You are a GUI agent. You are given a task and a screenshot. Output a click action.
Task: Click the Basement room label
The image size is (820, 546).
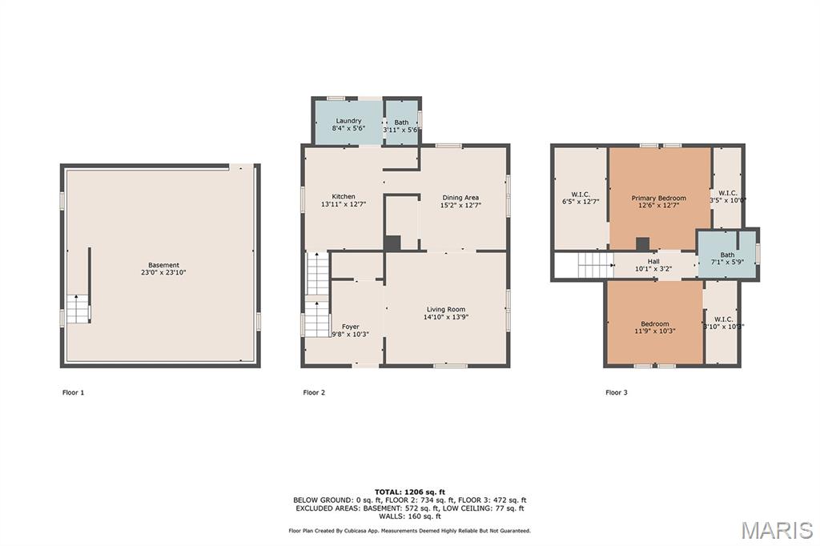tap(163, 265)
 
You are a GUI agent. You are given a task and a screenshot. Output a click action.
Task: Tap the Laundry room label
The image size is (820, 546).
tap(348, 121)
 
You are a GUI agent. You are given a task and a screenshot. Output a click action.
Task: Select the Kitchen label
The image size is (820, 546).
tap(344, 197)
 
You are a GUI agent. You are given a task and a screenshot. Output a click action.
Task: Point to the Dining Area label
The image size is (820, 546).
tap(460, 198)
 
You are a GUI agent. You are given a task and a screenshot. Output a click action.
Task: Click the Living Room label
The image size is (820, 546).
tap(445, 310)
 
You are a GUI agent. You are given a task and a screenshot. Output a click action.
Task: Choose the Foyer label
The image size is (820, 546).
tap(351, 327)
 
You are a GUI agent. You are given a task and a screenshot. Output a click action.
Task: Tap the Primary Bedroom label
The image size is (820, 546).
tap(658, 199)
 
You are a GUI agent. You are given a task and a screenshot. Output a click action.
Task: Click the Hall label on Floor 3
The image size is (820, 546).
tap(653, 262)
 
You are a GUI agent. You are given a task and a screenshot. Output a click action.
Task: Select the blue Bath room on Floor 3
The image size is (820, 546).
tap(727, 255)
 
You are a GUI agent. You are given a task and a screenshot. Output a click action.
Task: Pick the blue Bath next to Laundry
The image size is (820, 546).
tap(402, 122)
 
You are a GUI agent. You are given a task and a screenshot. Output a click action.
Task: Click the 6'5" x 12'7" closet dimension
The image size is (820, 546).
tap(581, 202)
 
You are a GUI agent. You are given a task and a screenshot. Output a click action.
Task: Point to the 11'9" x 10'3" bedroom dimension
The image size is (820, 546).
tap(655, 331)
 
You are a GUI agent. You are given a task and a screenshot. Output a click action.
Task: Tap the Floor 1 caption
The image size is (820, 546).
tap(73, 392)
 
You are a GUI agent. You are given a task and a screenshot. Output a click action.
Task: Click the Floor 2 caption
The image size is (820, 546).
tap(314, 392)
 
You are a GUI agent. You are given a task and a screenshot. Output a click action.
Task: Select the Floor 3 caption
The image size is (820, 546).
tap(617, 392)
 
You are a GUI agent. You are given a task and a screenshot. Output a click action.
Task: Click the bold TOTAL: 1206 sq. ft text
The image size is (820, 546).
tap(410, 492)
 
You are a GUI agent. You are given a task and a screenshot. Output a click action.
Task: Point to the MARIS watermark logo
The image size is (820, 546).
tap(777, 530)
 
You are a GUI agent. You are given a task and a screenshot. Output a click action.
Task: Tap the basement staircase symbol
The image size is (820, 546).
tap(78, 308)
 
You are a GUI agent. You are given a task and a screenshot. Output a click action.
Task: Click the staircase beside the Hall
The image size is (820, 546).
tap(595, 265)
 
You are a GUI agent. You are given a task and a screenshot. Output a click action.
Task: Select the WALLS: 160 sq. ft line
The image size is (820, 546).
tap(410, 516)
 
